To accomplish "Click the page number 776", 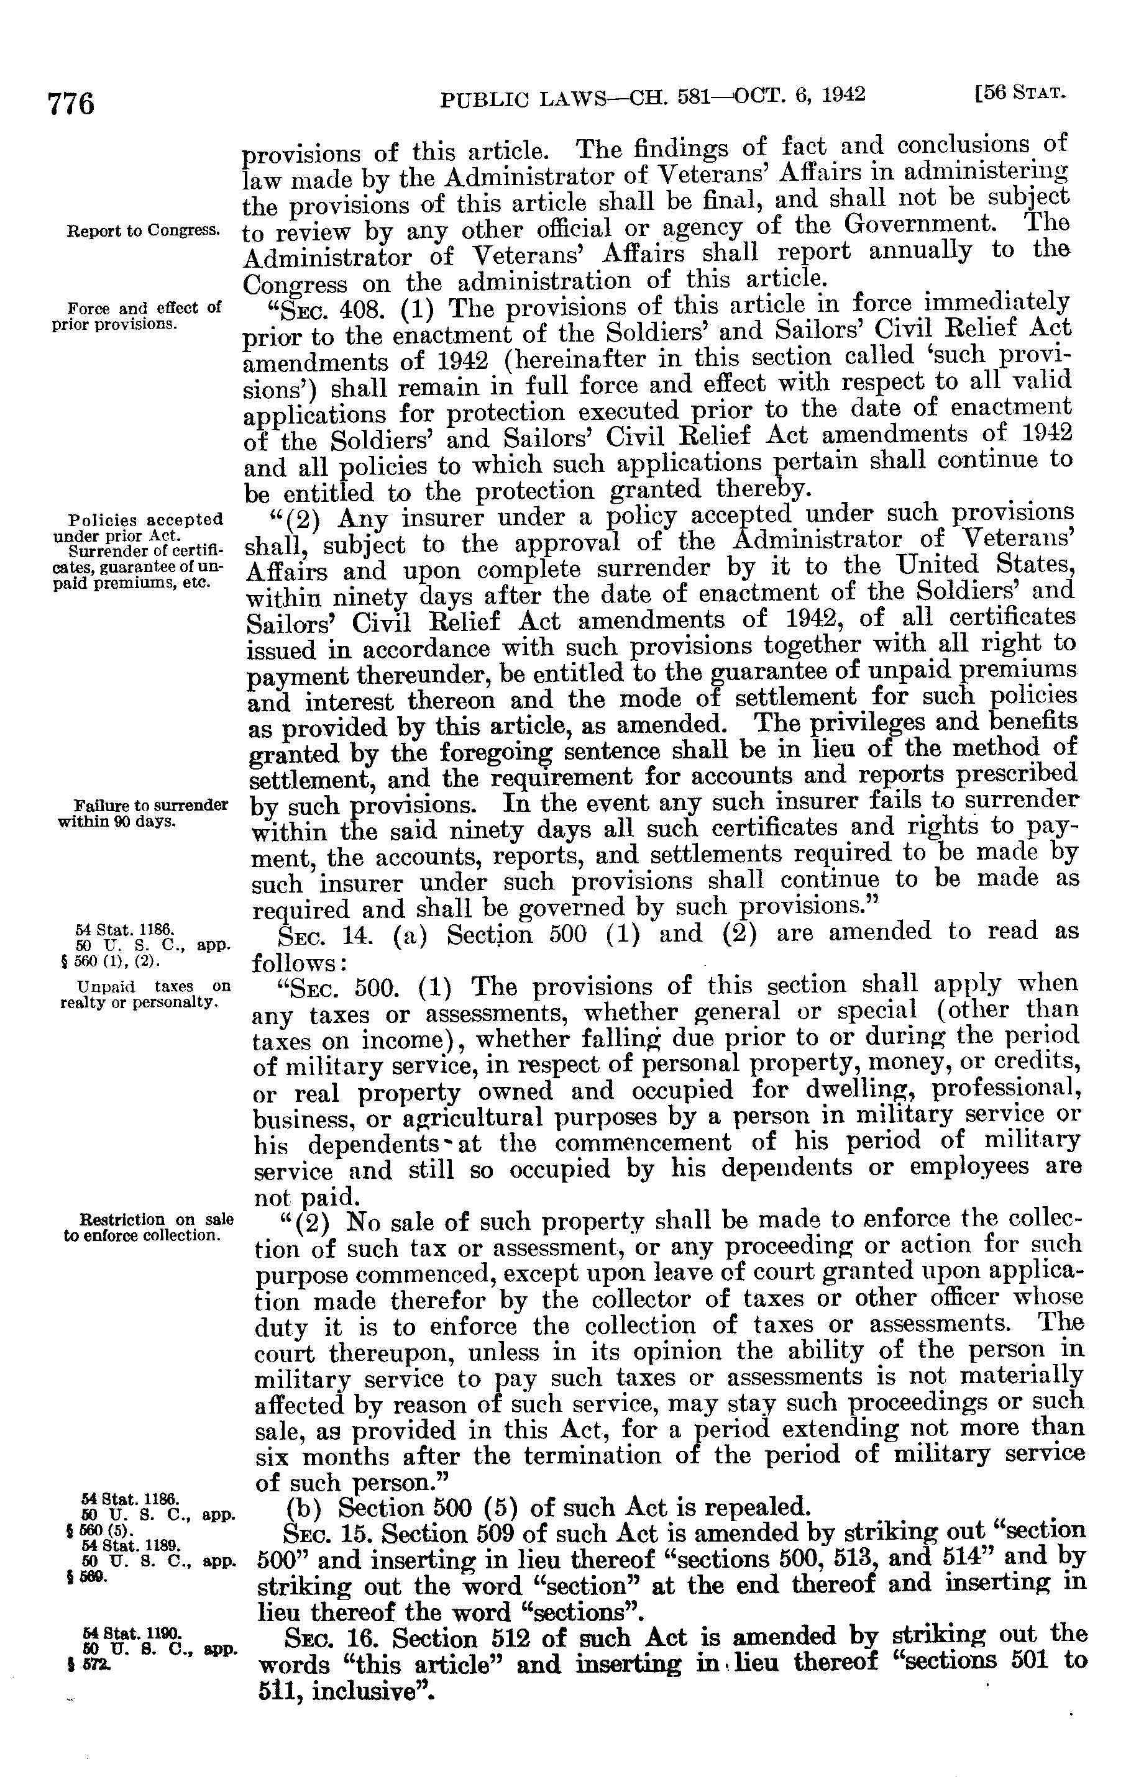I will [x=71, y=103].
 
